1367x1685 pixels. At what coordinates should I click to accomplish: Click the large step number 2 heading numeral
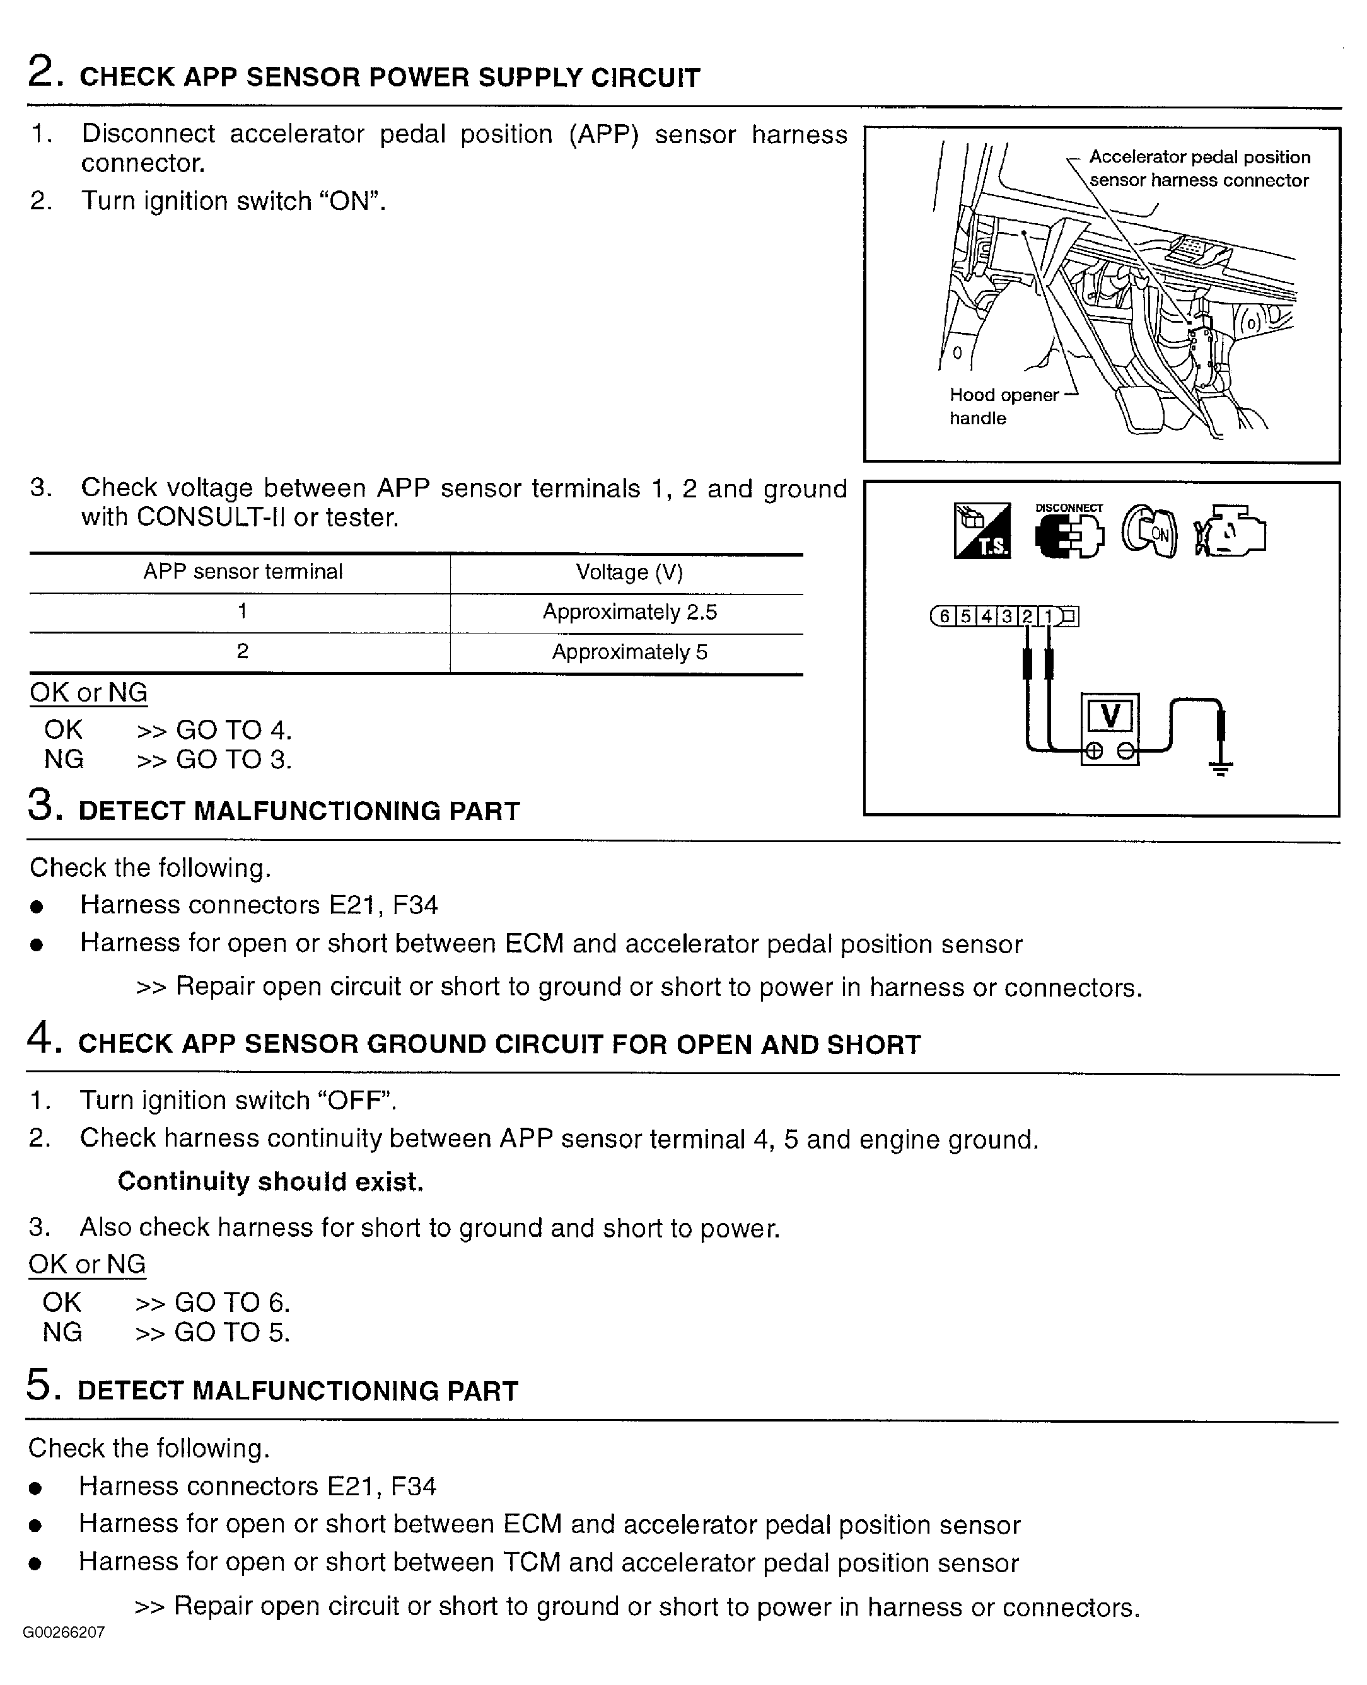coord(41,72)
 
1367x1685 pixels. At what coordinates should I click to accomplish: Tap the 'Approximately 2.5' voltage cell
coord(630,613)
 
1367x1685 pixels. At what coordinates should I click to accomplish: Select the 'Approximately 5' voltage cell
coord(630,652)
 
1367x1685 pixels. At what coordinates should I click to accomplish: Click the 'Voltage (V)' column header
coord(630,572)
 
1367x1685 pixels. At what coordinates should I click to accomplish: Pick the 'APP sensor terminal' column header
coord(243,572)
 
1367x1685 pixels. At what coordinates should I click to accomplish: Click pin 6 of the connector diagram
coord(944,617)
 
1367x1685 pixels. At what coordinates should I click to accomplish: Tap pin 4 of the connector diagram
coord(986,617)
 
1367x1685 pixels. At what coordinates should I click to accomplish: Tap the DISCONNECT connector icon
coord(1069,531)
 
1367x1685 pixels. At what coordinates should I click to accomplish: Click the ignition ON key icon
coord(1149,531)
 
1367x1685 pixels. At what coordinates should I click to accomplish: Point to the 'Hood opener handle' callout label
coord(1004,407)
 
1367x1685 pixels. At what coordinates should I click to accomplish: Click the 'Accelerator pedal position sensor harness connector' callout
coord(1199,168)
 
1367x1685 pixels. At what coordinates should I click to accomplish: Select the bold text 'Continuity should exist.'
coord(270,1181)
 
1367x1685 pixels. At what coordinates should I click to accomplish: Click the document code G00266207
coord(64,1632)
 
